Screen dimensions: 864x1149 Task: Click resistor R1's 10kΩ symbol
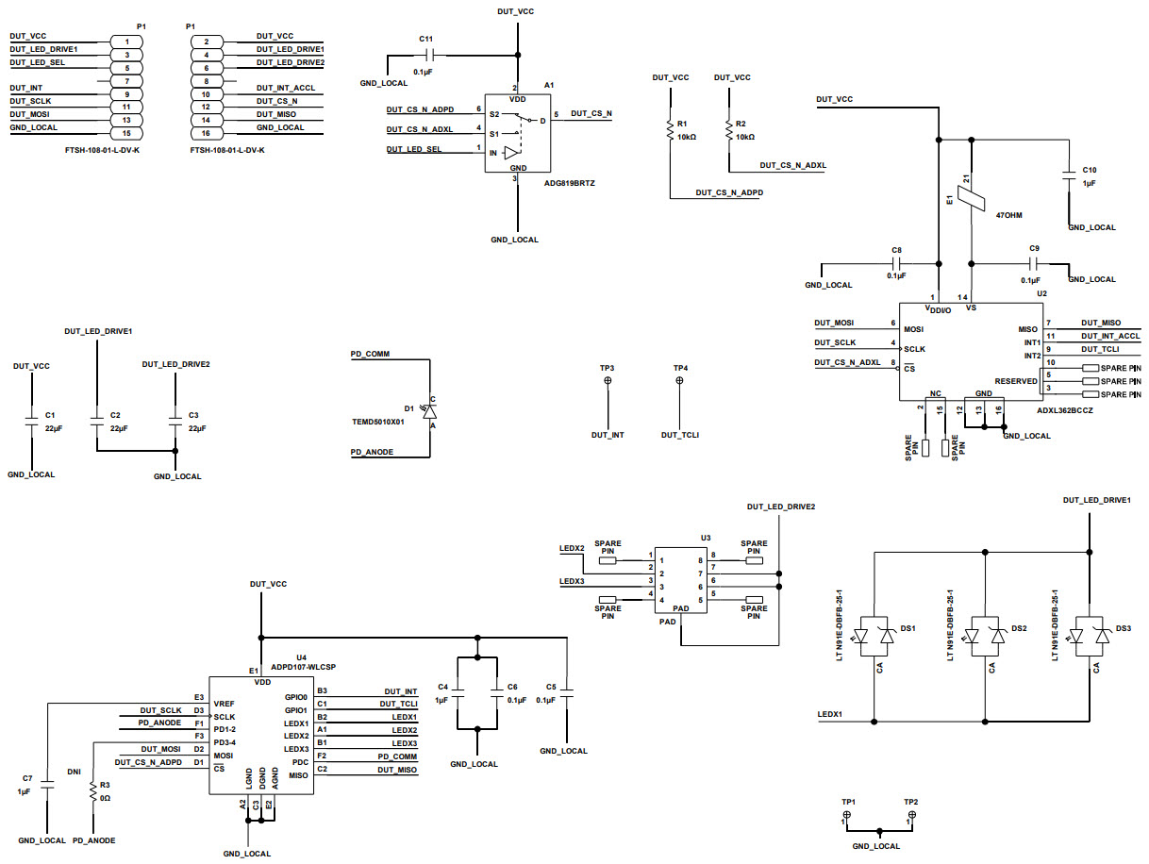click(x=669, y=133)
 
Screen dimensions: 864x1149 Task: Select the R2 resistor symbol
click(x=728, y=133)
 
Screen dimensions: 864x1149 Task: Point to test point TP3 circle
click(x=608, y=380)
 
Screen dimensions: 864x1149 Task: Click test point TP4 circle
click(x=680, y=380)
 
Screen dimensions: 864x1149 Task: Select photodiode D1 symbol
click(x=430, y=411)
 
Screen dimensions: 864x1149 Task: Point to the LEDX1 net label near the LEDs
click(x=831, y=714)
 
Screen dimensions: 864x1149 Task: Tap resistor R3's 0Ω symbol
click(x=92, y=793)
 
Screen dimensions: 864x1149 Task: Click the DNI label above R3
click(x=75, y=771)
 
